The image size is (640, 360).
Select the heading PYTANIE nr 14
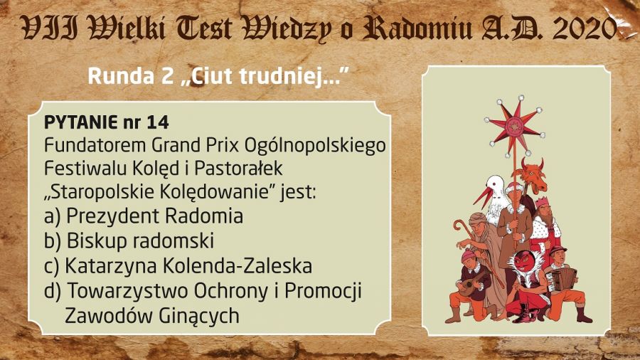(x=107, y=122)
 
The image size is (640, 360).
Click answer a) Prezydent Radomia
(x=143, y=216)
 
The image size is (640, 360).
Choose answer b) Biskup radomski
(x=129, y=240)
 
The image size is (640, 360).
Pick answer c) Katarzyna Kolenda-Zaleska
(x=178, y=265)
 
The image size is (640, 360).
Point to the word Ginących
(x=198, y=316)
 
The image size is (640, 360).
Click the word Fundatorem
(x=95, y=145)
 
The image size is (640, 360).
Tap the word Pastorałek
(x=238, y=169)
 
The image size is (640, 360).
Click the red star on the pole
(x=514, y=127)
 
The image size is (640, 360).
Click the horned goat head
(x=532, y=175)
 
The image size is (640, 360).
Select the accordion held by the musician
(x=562, y=279)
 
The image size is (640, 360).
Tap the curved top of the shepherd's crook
(x=462, y=226)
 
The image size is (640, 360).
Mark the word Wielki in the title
(x=127, y=28)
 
